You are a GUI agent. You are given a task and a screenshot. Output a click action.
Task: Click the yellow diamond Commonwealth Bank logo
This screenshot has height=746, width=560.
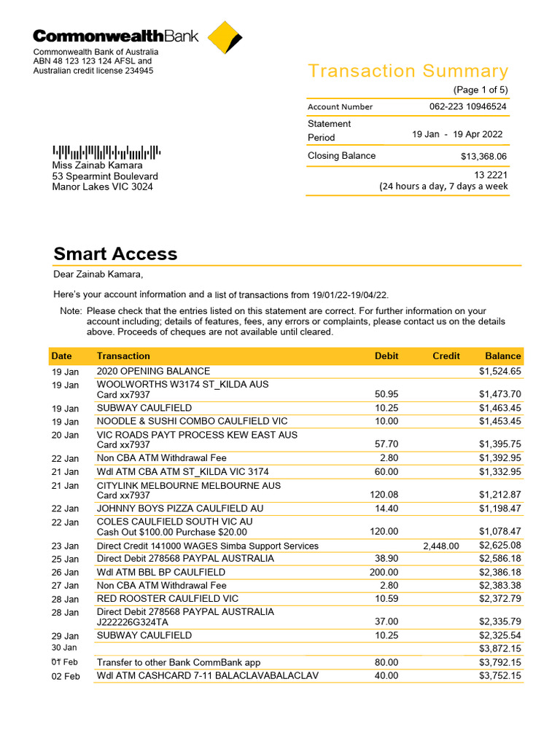tap(224, 38)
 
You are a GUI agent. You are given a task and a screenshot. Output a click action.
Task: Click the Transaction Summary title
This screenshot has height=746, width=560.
tap(408, 71)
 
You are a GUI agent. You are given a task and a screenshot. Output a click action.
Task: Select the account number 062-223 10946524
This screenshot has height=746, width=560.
tap(467, 106)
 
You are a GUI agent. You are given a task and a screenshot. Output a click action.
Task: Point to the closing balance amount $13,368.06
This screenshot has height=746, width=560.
tap(483, 156)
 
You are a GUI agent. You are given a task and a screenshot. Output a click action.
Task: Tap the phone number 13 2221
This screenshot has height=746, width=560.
tap(491, 175)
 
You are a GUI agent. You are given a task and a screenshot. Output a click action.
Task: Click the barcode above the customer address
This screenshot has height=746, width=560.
tap(106, 152)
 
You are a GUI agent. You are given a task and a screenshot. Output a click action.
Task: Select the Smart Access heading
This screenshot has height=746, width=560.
tap(115, 254)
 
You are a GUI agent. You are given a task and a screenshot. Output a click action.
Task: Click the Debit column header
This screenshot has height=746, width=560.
tap(386, 356)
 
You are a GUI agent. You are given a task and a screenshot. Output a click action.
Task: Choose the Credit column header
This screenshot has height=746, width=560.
tap(446, 356)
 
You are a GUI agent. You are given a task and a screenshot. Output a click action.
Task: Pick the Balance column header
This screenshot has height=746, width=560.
tap(503, 356)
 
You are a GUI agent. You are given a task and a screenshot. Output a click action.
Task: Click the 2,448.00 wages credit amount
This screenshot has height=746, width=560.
tap(441, 546)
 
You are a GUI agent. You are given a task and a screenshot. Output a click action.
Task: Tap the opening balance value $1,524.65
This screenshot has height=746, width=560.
tap(499, 372)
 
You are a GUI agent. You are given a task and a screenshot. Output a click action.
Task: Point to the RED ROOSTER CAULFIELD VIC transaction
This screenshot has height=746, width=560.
tap(168, 599)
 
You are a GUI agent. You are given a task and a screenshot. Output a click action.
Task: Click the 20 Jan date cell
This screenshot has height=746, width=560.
tap(66, 436)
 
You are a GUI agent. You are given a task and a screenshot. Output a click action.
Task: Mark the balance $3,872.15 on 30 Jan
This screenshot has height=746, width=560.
tap(499, 648)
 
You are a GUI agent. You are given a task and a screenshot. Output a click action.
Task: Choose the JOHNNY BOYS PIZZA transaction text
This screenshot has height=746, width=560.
tap(180, 509)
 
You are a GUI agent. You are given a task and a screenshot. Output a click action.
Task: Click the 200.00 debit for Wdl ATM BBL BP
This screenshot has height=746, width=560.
tap(384, 573)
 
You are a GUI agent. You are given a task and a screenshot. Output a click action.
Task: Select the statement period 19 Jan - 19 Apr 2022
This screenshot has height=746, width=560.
tap(457, 134)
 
